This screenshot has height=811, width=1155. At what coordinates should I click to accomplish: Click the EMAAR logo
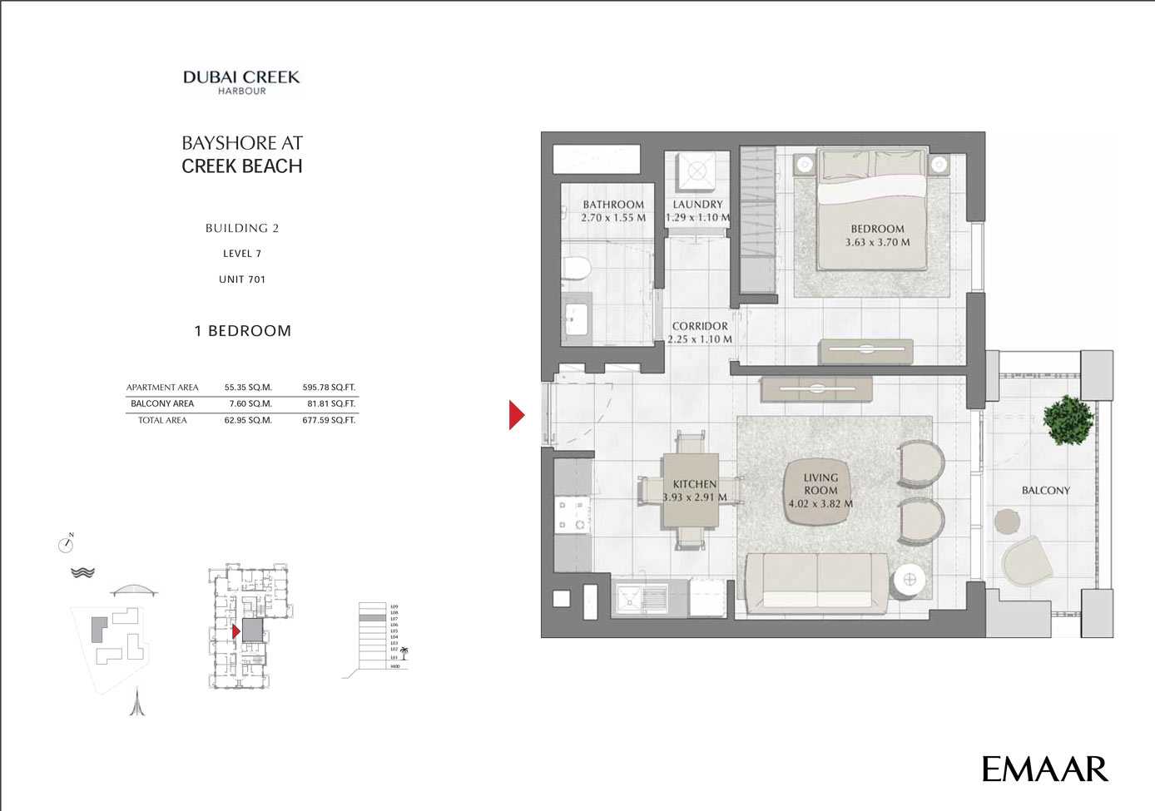point(1044,769)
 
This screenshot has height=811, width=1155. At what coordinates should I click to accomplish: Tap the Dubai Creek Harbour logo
point(241,82)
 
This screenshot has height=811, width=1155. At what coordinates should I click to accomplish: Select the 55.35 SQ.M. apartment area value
point(248,387)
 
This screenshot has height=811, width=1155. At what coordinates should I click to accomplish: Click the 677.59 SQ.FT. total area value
point(329,420)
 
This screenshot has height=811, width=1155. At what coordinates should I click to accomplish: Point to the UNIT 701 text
point(242,279)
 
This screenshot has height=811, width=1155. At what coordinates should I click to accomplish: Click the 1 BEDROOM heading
point(242,331)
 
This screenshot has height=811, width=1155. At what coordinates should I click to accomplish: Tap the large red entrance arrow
point(517,414)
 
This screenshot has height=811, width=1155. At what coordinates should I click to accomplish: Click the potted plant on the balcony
point(1069,419)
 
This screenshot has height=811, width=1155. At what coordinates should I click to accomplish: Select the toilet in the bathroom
point(576,268)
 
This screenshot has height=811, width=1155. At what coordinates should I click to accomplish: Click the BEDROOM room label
point(877,229)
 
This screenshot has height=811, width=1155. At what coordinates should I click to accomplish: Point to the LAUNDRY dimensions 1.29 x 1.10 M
point(697,218)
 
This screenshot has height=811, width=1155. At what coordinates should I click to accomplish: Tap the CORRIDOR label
point(700,326)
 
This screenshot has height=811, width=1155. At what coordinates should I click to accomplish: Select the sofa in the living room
point(819,582)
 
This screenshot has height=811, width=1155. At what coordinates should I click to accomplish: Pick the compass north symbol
point(67,544)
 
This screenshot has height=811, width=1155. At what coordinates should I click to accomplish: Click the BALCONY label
point(1045,491)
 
